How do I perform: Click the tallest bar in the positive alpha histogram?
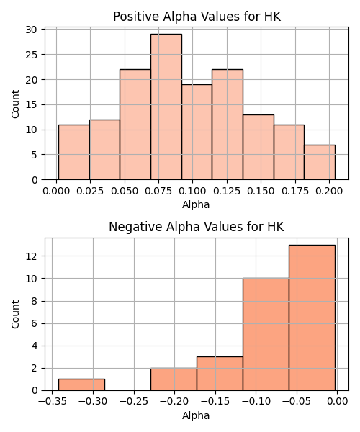pos(166,107)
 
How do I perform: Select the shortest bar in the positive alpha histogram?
pos(320,162)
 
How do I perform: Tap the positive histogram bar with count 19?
pos(197,132)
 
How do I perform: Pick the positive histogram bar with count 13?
pos(258,147)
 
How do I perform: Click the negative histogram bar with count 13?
pos(312,318)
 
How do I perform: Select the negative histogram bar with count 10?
pos(266,334)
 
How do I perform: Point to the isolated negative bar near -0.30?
pos(81,384)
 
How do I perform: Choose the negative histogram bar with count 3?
pos(220,374)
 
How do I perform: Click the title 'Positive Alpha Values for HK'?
pos(197,17)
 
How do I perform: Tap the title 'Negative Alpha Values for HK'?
pos(197,227)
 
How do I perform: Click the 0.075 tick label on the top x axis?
pos(158,191)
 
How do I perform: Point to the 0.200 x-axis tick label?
pos(329,191)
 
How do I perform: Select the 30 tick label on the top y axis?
pos(32,30)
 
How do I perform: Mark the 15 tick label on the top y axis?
pos(32,104)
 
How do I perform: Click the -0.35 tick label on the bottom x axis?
pos(53,402)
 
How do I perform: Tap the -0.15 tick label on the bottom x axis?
pos(215,402)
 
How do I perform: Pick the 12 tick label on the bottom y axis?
pos(32,256)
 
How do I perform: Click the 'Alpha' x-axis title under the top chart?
pos(196,204)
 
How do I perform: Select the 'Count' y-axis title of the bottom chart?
pos(15,314)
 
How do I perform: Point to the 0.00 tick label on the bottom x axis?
pos(338,402)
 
